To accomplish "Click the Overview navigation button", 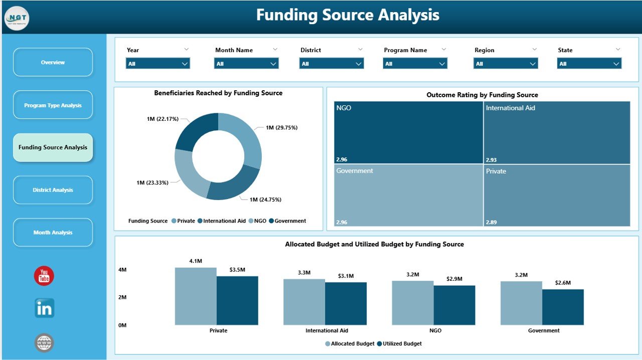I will pyautogui.click(x=53, y=62).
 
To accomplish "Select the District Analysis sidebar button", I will pyautogui.click(x=53, y=190).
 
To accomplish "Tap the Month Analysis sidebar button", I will pyautogui.click(x=53, y=233).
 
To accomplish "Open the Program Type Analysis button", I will pyautogui.click(x=53, y=105).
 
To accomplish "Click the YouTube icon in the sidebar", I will pyautogui.click(x=44, y=276).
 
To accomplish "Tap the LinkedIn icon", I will pyautogui.click(x=44, y=308).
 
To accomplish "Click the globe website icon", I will pyautogui.click(x=44, y=343).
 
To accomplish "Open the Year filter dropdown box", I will pyautogui.click(x=157, y=64).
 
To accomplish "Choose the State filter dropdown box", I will pyautogui.click(x=589, y=64).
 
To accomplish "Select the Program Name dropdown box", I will pyautogui.click(x=415, y=64).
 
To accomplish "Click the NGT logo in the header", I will pyautogui.click(x=17, y=18).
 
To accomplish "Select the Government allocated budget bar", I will pyautogui.click(x=521, y=303).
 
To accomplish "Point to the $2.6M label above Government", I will pyautogui.click(x=563, y=283).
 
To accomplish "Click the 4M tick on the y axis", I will pyautogui.click(x=122, y=270).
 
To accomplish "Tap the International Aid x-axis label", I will pyautogui.click(x=327, y=331).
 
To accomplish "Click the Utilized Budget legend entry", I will pyautogui.click(x=399, y=344).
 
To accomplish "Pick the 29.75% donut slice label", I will pyautogui.click(x=281, y=128).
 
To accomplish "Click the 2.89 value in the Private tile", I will pyautogui.click(x=491, y=222).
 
